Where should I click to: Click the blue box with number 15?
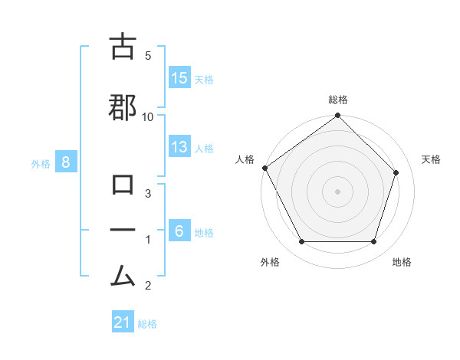pos(179,78)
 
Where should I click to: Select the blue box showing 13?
pos(179,147)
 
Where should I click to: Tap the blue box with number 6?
pos(179,231)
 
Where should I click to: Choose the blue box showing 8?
pos(67,162)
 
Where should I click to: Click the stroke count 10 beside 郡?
pos(148,116)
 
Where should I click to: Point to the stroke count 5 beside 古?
pos(148,55)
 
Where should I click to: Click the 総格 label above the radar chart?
pos(337,100)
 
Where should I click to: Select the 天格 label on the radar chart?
pos(432,159)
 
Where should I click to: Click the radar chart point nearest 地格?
pos(374,242)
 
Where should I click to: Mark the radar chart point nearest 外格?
pos(301,242)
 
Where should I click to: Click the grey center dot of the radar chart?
pos(337,191)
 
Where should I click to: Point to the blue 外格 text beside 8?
pos(41,163)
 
